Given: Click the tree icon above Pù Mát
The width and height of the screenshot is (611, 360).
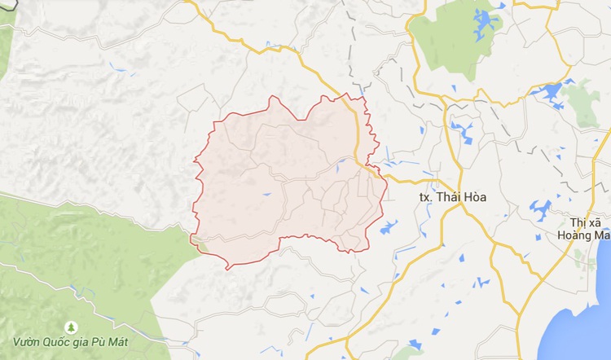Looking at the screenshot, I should (71, 327).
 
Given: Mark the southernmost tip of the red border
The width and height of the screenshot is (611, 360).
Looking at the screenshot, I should (228, 268).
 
